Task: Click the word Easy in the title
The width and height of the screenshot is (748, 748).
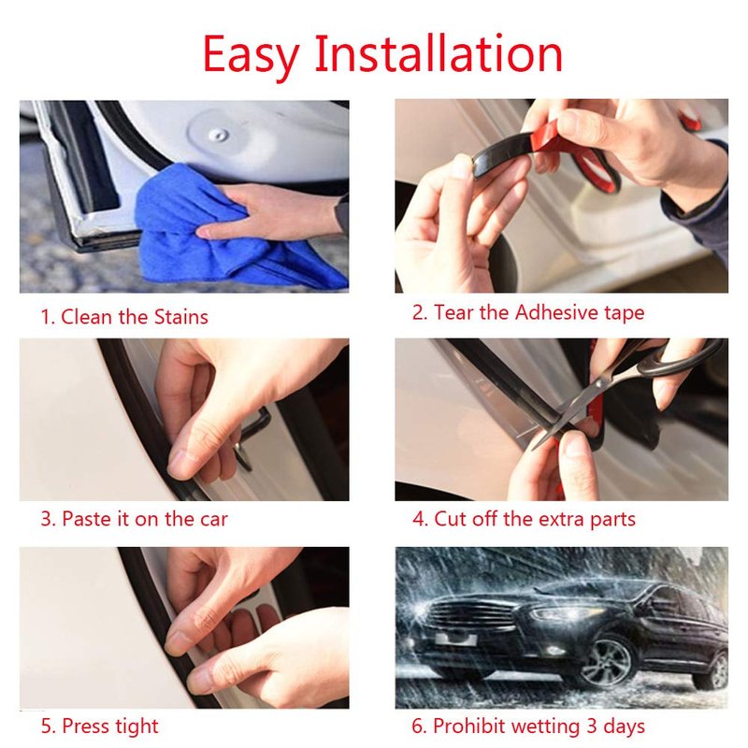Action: [252, 55]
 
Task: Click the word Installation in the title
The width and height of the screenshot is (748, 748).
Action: [439, 53]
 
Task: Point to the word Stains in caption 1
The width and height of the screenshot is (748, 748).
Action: [180, 317]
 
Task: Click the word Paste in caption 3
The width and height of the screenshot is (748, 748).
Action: [86, 519]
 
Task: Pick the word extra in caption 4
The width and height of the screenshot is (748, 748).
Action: [563, 520]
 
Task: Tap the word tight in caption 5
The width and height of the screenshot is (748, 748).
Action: [135, 726]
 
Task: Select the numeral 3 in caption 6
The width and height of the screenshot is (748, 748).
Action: [592, 726]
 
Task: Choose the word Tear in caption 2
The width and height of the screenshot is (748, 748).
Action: [453, 313]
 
